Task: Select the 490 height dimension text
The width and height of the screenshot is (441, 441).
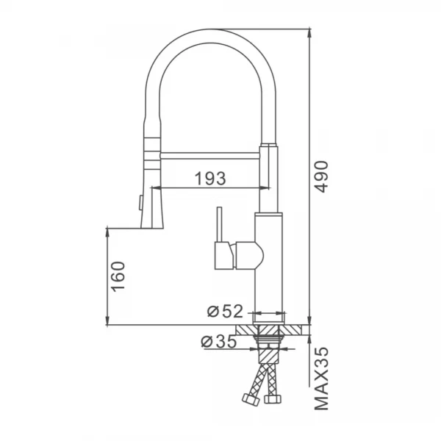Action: [x=324, y=176]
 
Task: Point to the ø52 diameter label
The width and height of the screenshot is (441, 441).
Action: [x=224, y=311]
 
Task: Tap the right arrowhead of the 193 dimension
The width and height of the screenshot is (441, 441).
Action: [x=261, y=188]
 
